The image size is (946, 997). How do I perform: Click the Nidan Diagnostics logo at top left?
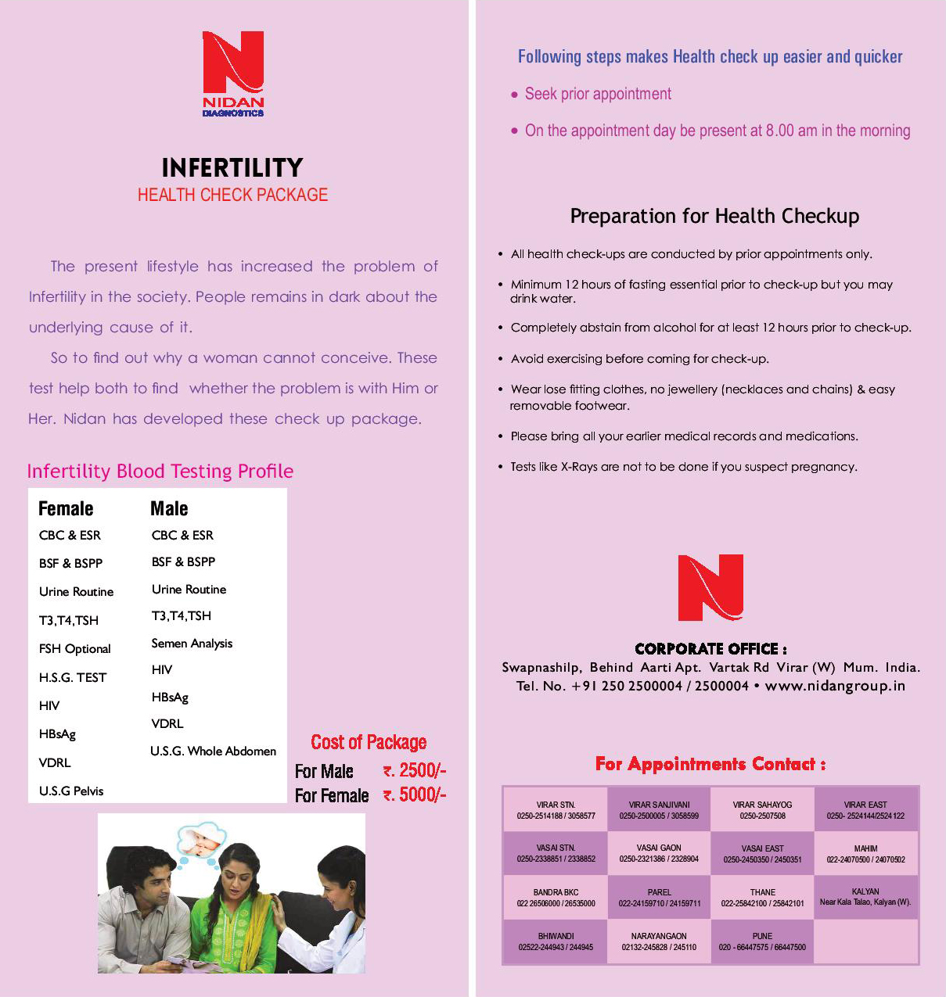click(233, 73)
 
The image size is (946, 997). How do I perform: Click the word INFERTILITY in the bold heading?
click(232, 168)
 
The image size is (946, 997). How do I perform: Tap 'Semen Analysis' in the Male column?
click(192, 644)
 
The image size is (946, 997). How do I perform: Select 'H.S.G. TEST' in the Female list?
click(73, 677)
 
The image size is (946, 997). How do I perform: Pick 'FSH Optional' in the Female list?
click(75, 649)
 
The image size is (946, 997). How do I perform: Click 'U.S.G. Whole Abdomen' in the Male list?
click(213, 751)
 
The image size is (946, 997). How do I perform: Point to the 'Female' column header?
click(66, 509)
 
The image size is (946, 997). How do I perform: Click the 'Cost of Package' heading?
click(369, 742)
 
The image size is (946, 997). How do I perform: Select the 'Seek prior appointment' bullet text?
click(598, 95)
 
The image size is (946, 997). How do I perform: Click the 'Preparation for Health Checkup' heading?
click(714, 217)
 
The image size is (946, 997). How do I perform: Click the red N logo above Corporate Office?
click(710, 587)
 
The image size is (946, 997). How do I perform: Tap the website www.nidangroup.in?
click(835, 686)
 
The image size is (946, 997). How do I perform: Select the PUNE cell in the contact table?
click(762, 941)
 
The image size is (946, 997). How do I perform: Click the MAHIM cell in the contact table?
click(865, 854)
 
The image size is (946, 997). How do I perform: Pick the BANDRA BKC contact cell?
click(556, 898)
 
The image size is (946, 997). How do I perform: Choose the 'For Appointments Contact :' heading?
click(710, 764)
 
